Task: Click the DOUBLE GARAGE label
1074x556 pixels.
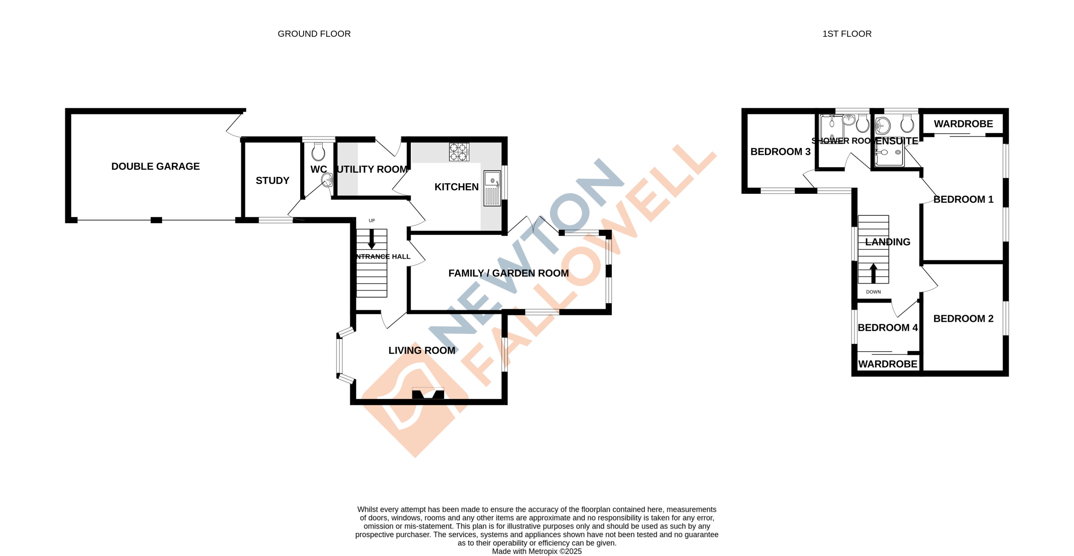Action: pos(156,166)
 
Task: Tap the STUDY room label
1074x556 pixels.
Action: pos(272,181)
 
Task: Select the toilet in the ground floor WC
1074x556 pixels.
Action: pos(318,152)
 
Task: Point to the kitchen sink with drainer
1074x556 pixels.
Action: pos(492,188)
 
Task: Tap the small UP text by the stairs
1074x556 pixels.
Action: pos(372,221)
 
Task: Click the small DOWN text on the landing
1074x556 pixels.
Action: pos(873,292)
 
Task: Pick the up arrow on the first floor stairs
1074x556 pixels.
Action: pos(873,273)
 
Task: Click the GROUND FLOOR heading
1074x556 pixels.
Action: pos(314,34)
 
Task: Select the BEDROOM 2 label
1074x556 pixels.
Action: pos(963,319)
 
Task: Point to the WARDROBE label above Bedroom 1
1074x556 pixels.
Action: pos(963,124)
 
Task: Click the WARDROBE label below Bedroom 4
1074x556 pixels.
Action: pos(888,364)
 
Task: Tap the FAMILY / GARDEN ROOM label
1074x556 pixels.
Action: pos(508,273)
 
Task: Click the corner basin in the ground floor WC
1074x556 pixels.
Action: pos(327,180)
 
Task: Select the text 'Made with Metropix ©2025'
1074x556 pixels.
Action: pos(537,551)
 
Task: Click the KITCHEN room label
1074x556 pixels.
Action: pos(456,187)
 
